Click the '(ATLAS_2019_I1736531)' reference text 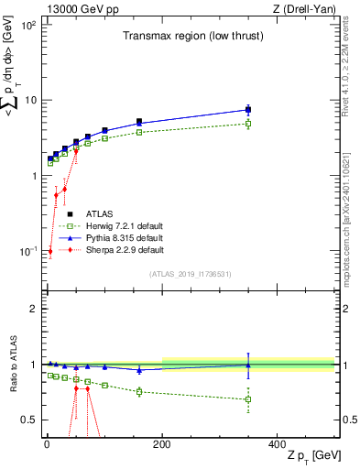pyautogui.click(x=190, y=273)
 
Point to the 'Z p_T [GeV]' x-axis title pyautogui.click(x=314, y=456)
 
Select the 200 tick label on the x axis pyautogui.click(x=162, y=444)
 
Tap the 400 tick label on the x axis pyautogui.click(x=278, y=444)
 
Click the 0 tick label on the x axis pyautogui.click(x=46, y=444)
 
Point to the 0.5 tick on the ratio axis pyautogui.click(x=29, y=420)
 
